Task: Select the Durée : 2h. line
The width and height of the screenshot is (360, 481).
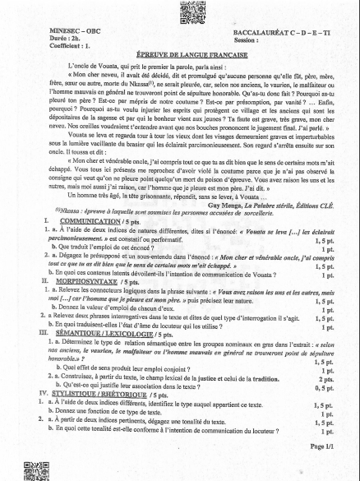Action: (x=41, y=39)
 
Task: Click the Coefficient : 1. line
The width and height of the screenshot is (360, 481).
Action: (x=47, y=47)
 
